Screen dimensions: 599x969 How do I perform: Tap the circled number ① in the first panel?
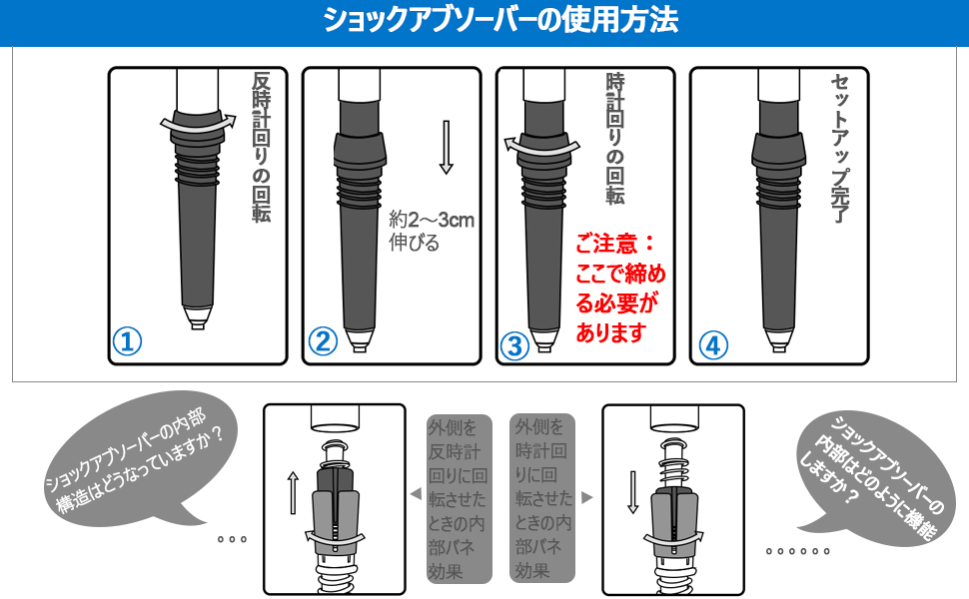127,342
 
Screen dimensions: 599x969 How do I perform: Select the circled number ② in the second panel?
323,342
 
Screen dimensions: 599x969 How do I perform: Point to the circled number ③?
514,345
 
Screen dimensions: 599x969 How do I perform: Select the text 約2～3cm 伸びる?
430,231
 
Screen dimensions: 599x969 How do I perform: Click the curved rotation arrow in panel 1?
199,124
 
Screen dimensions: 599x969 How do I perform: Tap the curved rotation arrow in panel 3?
540,146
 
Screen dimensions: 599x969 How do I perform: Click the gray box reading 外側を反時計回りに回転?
460,499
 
